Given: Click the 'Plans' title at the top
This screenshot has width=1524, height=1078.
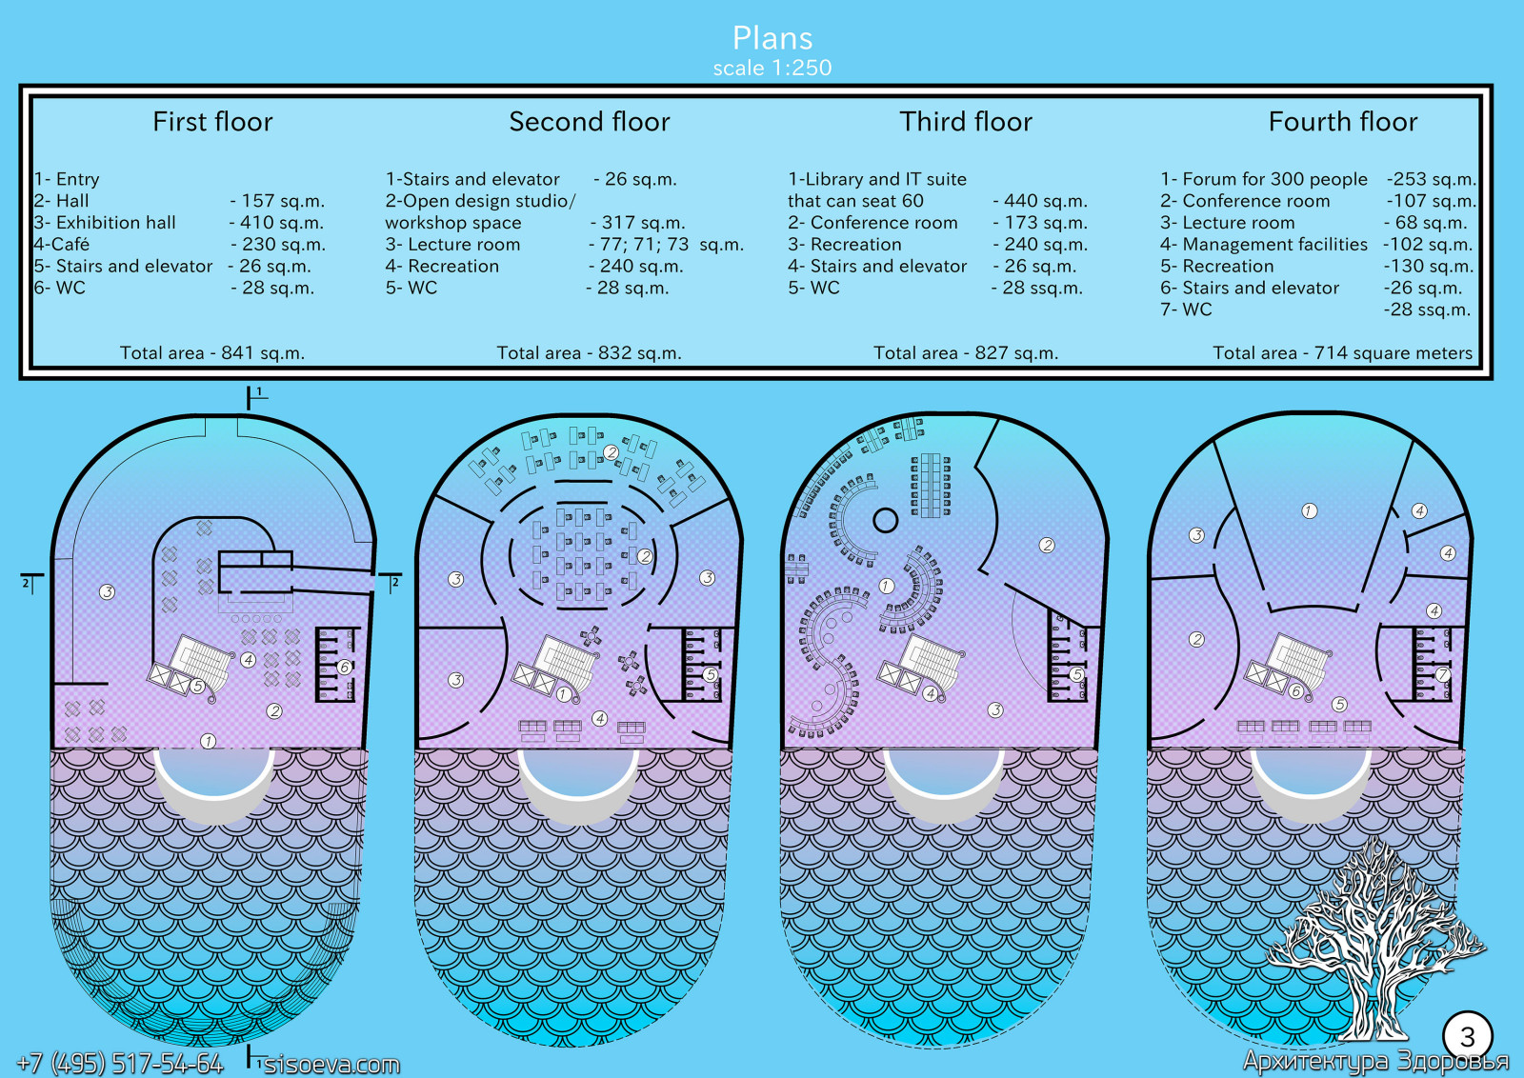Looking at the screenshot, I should pos(772,38).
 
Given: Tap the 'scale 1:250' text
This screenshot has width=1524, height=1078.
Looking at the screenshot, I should pos(772,68).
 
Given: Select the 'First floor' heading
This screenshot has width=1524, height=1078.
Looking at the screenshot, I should pos(212,122).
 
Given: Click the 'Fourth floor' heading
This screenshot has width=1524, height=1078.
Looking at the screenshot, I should pos(1342,122).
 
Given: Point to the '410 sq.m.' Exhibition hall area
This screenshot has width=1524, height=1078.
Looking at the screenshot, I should pos(277,223).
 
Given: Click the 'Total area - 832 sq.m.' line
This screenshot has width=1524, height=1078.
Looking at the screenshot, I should pos(589,353).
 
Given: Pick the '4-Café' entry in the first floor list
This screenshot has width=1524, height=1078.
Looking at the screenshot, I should pos(62,245).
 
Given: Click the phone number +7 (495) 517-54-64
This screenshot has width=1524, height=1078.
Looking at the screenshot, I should pos(120,1063).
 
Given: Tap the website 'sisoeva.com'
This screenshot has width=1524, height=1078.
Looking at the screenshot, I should pos(331,1064).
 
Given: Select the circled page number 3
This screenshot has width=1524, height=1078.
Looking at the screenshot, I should pos(1467,1036).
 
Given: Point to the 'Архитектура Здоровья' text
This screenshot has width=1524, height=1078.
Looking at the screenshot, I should pos(1375,1061).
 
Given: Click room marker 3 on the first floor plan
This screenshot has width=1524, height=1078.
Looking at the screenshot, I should pos(108,592).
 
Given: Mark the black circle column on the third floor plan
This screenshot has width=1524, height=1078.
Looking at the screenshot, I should pos(886,520).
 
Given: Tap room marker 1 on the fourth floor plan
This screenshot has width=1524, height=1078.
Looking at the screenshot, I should pos(1310,511).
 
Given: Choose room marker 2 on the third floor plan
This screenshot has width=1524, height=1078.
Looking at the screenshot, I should pos(1047,546).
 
